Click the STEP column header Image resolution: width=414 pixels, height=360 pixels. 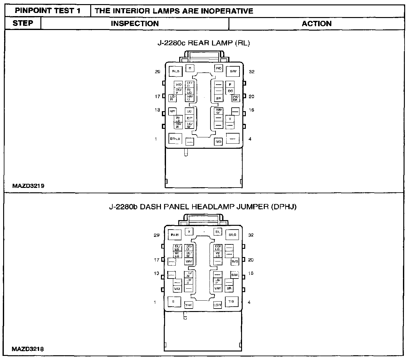(23, 23)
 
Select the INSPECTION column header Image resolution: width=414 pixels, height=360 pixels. (135, 24)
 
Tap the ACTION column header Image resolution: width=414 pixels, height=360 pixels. (316, 24)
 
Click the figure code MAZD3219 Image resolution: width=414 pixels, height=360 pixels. (28, 186)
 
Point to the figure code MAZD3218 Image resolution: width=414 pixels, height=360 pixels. (28, 349)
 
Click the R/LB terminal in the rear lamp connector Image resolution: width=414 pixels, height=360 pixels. (175, 71)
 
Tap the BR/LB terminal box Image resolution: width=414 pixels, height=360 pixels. (175, 139)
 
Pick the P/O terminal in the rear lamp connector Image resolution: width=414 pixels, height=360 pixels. (218, 68)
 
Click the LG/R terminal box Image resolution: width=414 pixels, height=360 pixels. (172, 98)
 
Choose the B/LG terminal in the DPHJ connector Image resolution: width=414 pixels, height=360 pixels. (232, 235)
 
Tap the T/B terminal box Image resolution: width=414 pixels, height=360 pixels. (231, 301)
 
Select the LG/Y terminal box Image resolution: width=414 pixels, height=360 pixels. (217, 305)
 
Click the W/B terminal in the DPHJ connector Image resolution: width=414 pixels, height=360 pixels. (234, 261)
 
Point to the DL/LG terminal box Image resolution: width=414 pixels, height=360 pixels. (177, 247)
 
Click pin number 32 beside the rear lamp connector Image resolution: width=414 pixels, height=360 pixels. (251, 72)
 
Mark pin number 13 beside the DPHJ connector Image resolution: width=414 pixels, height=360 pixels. (157, 273)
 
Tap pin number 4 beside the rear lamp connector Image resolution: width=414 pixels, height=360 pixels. (250, 139)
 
